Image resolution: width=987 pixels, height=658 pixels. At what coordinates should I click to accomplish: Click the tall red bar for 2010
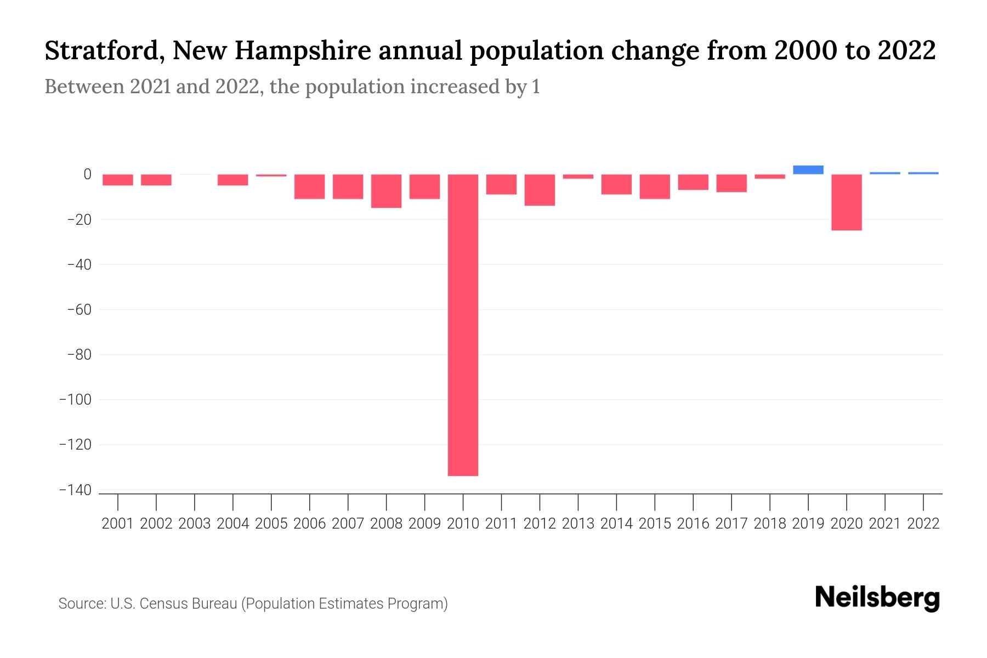click(463, 325)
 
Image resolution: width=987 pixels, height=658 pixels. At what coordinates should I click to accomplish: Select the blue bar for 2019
click(808, 170)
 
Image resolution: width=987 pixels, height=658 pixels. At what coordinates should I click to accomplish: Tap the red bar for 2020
click(847, 202)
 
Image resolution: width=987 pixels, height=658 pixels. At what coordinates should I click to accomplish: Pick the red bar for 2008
click(387, 191)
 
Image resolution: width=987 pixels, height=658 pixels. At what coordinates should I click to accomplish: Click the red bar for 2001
click(118, 180)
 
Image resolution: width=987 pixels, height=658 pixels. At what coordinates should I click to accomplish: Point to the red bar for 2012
click(540, 190)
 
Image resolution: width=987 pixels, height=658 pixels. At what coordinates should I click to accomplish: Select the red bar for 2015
click(655, 186)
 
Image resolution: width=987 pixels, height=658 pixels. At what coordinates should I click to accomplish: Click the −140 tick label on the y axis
click(76, 490)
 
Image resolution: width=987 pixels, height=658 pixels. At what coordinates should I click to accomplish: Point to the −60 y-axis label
click(79, 310)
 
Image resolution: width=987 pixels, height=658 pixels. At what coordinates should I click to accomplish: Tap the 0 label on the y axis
click(87, 174)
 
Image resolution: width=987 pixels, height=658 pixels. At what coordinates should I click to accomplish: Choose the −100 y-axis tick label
click(76, 400)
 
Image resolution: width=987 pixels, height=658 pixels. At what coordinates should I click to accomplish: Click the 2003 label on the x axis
click(195, 524)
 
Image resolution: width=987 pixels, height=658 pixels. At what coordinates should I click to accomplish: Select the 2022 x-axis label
click(923, 524)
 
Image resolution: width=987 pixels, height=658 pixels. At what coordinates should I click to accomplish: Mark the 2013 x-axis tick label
click(578, 524)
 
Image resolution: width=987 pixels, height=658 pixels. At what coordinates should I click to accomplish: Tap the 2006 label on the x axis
click(310, 524)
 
